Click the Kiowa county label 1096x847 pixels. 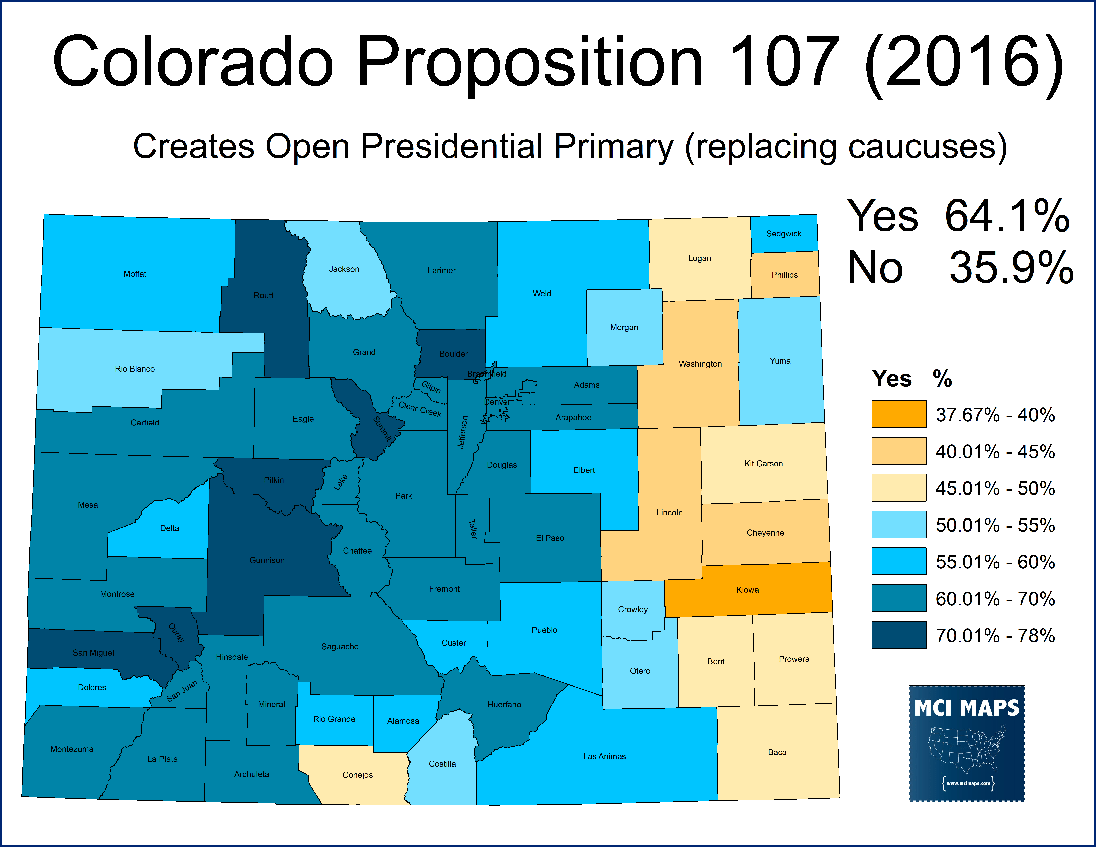747,590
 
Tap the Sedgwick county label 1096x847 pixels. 783,234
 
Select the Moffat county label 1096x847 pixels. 135,274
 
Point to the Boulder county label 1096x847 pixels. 453,354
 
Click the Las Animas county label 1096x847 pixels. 604,756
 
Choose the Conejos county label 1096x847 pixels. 357,775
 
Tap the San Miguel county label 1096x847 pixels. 93,652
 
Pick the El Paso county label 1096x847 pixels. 549,538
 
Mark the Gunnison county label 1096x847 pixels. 267,560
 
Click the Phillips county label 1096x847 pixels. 784,275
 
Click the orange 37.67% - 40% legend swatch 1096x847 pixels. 898,414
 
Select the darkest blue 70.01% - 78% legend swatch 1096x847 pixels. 898,635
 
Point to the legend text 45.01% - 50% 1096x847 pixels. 995,488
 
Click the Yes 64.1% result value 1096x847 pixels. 1007,216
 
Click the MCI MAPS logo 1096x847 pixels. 966,743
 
